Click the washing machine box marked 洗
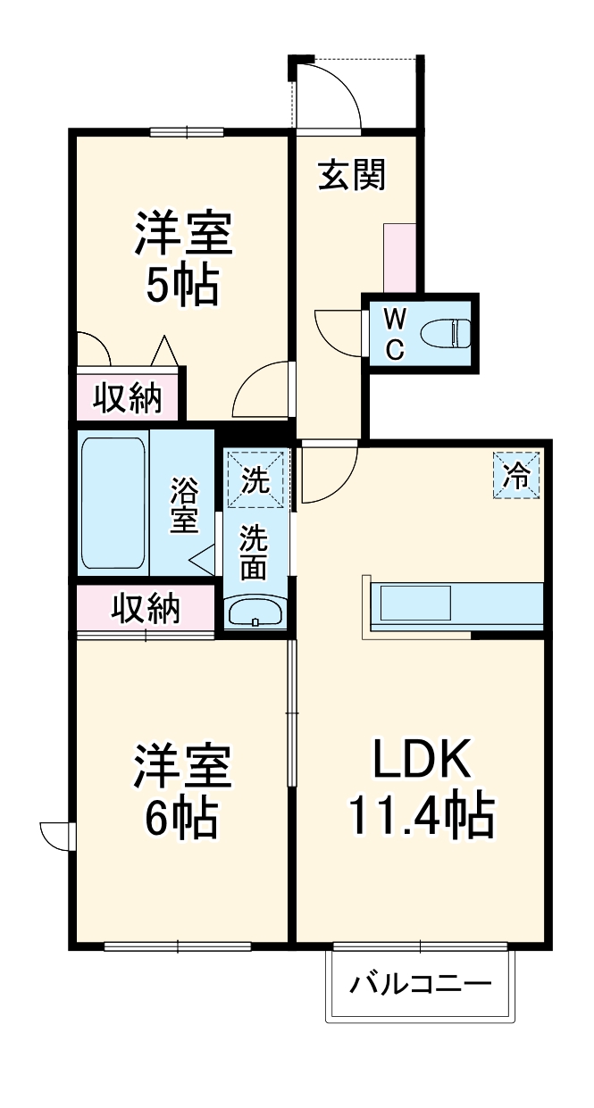[257, 480]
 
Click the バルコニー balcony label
[420, 986]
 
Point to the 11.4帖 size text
[421, 813]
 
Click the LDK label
[421, 760]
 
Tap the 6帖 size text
[182, 815]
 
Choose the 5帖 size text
[182, 286]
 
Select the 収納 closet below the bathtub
[145, 608]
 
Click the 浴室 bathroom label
[185, 505]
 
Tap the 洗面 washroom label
[255, 553]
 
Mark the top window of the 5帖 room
[187, 132]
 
